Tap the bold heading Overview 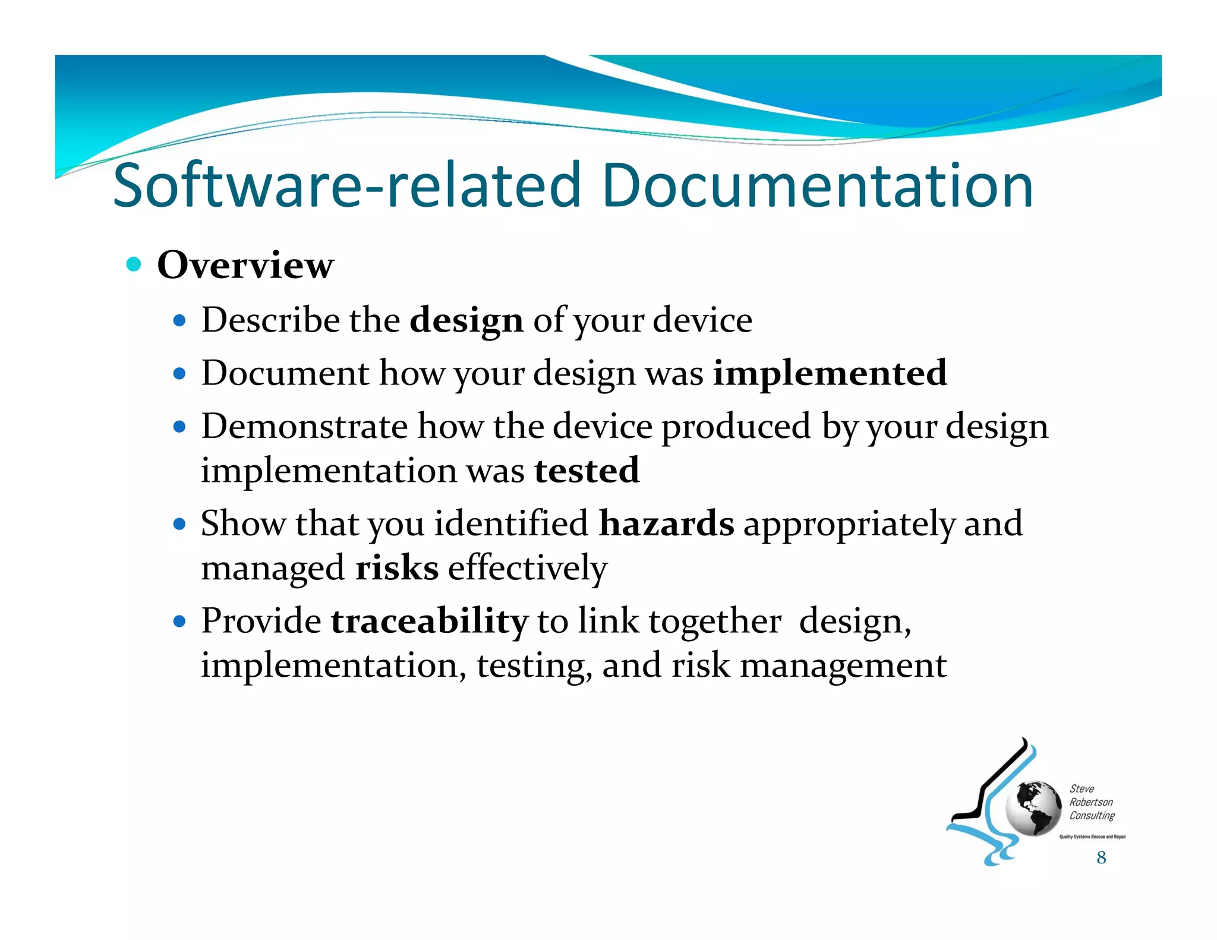[x=245, y=265]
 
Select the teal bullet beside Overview [x=134, y=264]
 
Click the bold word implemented [x=830, y=373]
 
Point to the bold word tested [x=587, y=471]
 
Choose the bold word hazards [x=666, y=523]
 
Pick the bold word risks [x=397, y=568]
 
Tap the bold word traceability [x=429, y=622]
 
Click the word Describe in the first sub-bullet [x=270, y=320]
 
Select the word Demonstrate [x=304, y=427]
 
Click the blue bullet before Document [x=179, y=374]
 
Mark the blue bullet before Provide [x=179, y=622]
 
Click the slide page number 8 [x=1101, y=857]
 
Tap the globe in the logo [x=1033, y=808]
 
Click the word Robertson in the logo [x=1091, y=802]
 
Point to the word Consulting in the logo [x=1092, y=816]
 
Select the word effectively [x=528, y=568]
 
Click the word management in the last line [x=843, y=665]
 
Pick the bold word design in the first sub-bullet [x=466, y=320]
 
